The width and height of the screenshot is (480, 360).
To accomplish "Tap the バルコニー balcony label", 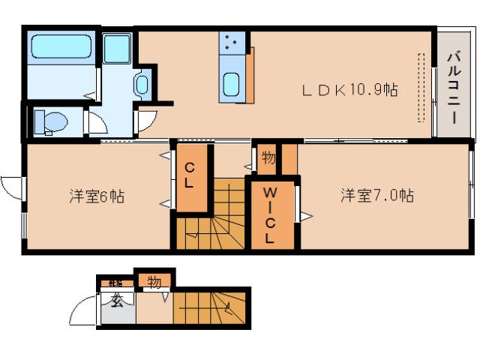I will tap(454, 83).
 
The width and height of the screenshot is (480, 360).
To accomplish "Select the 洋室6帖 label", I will tap(97, 197).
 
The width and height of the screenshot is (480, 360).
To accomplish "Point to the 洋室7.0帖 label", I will tap(376, 196).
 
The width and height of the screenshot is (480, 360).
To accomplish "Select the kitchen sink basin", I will tap(231, 86).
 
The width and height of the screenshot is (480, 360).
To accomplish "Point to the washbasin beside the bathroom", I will tap(142, 84).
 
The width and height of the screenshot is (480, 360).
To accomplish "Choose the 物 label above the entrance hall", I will tap(154, 282).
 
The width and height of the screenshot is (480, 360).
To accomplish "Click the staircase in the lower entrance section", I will tap(211, 307).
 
